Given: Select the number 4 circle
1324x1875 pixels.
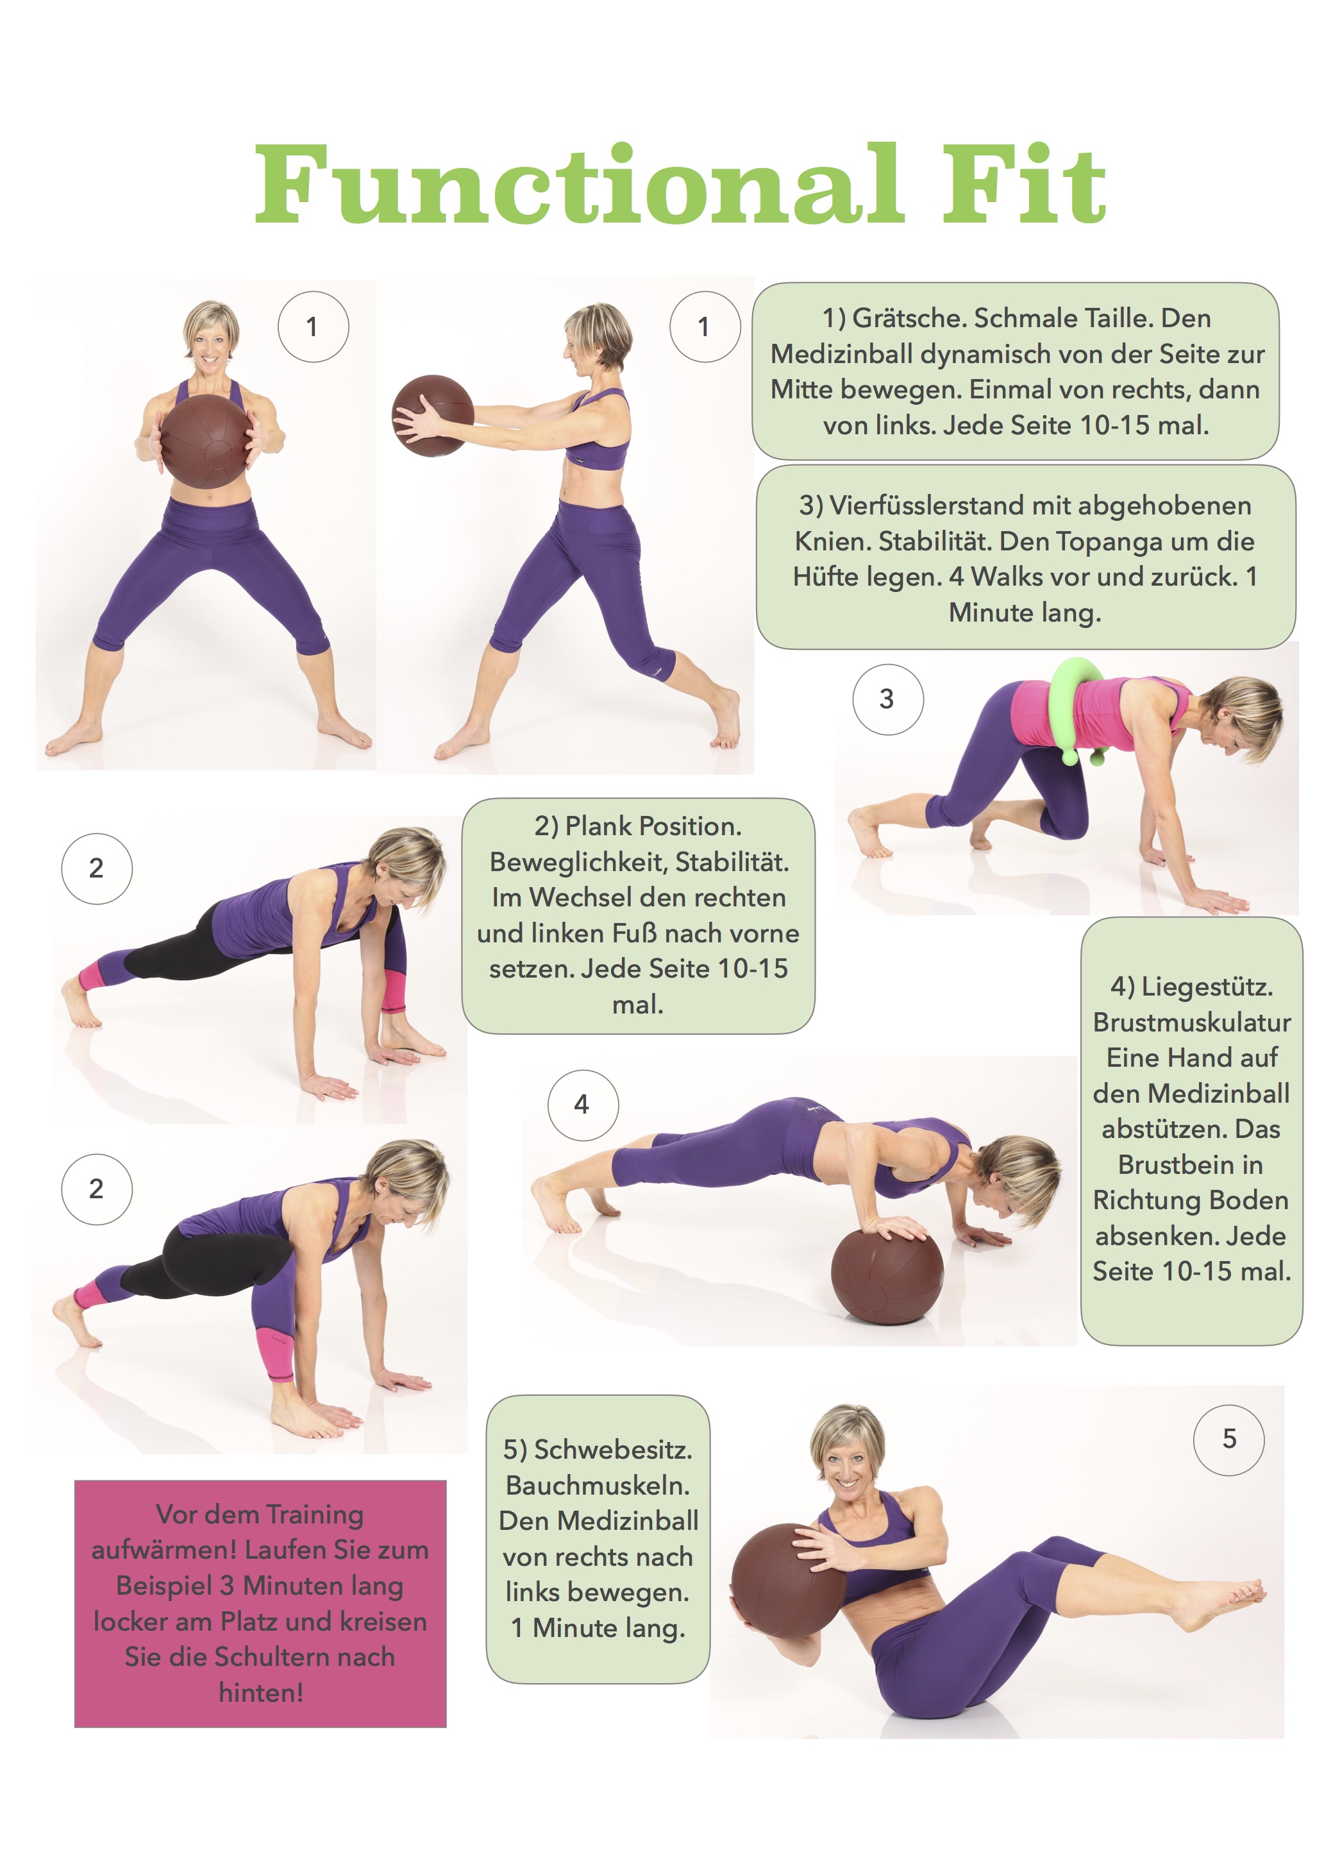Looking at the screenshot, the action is pyautogui.click(x=582, y=1105).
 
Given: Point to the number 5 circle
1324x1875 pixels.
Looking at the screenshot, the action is pyautogui.click(x=1228, y=1439).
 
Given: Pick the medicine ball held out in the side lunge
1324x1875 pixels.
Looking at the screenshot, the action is pyautogui.click(x=433, y=416).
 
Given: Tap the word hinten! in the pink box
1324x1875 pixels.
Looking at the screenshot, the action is pyautogui.click(x=261, y=1692).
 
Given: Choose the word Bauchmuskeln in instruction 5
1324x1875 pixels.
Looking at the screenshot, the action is pyautogui.click(x=598, y=1486).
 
